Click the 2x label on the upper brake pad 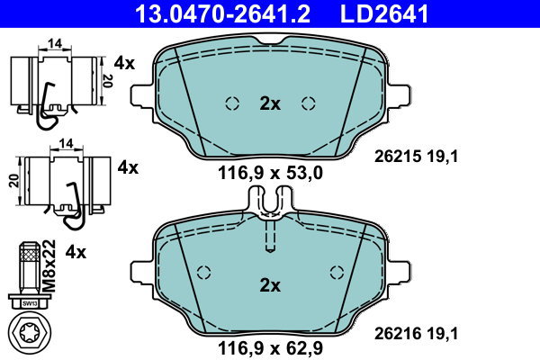click(x=269, y=103)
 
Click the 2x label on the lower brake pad click(x=269, y=285)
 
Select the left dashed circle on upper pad click(x=231, y=103)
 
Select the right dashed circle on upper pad click(x=309, y=103)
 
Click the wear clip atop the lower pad click(x=270, y=205)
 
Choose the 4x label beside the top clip click(x=124, y=64)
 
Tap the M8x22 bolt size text click(x=49, y=261)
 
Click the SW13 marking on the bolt click(x=30, y=303)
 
